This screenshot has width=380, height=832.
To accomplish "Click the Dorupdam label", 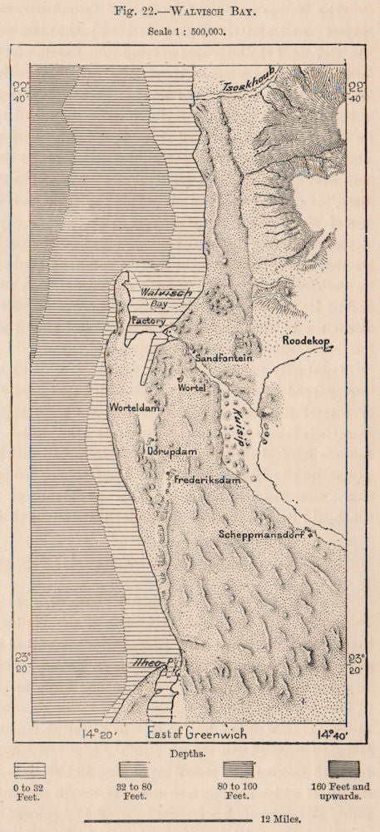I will pyautogui.click(x=171, y=452).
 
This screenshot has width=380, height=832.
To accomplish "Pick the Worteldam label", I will pyautogui.click(x=135, y=409).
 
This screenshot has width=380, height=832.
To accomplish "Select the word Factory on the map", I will pyautogui.click(x=148, y=321).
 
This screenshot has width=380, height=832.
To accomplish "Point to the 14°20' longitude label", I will pyautogui.click(x=98, y=735).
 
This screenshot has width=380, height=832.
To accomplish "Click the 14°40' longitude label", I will pyautogui.click(x=330, y=735).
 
